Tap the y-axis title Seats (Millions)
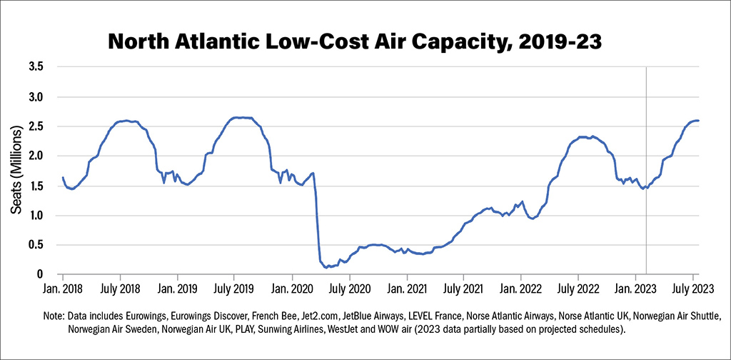tap(16, 169)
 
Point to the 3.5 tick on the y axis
tap(36, 67)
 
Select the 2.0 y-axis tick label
tap(36, 156)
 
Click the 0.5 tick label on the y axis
tap(36, 245)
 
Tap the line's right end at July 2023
tap(698, 121)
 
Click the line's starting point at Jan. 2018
tap(63, 177)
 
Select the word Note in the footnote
tap(53, 316)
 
